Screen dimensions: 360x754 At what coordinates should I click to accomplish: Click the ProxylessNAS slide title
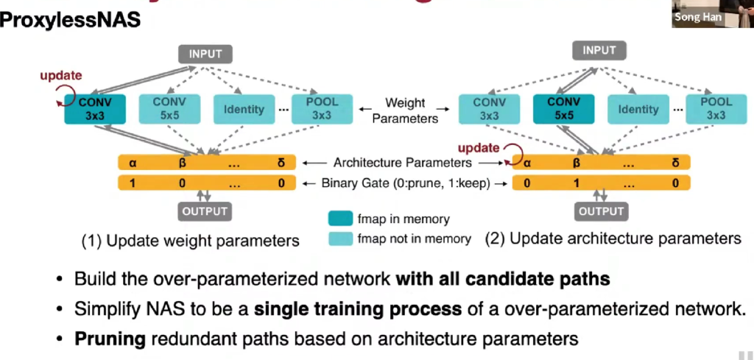pos(70,20)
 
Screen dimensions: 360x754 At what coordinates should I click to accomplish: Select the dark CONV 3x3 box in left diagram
pos(95,108)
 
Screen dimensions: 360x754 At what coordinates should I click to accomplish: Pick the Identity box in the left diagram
pos(243,109)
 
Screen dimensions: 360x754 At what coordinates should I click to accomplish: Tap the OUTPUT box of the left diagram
pos(204,211)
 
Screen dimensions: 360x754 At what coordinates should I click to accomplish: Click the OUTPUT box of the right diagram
pos(602,211)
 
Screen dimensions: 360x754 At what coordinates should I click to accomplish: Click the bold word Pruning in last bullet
pos(103,339)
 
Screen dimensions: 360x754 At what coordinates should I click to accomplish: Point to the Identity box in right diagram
pos(638,109)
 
